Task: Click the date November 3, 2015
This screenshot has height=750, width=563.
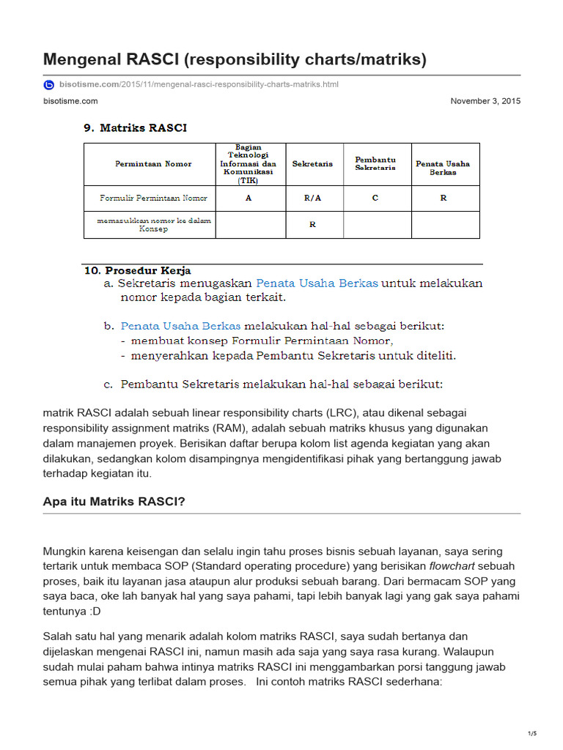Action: pyautogui.click(x=485, y=101)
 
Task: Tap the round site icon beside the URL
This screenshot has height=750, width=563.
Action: pyautogui.click(x=48, y=85)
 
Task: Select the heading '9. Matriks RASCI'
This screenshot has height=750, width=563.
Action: pyautogui.click(x=135, y=128)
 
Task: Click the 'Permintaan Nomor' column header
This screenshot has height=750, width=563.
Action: pyautogui.click(x=153, y=164)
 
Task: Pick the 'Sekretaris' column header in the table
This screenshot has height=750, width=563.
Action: pyautogui.click(x=312, y=164)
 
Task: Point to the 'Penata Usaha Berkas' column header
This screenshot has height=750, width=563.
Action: pyautogui.click(x=443, y=168)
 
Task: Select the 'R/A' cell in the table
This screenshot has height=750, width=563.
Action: pyautogui.click(x=312, y=198)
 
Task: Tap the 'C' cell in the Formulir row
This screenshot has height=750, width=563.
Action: pyautogui.click(x=375, y=198)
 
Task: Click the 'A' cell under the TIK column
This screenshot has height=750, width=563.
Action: pyautogui.click(x=249, y=198)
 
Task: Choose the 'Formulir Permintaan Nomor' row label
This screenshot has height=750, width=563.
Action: pyautogui.click(x=153, y=198)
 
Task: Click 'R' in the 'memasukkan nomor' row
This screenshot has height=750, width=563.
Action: pyautogui.click(x=312, y=225)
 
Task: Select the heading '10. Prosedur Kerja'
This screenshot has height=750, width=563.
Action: pyautogui.click(x=138, y=270)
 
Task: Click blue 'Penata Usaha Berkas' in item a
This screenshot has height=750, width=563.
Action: pyautogui.click(x=317, y=283)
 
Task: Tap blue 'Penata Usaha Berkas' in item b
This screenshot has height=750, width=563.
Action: pyautogui.click(x=180, y=325)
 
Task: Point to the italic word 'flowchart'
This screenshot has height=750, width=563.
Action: pyautogui.click(x=450, y=565)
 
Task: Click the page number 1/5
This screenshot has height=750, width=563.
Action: pyautogui.click(x=532, y=733)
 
